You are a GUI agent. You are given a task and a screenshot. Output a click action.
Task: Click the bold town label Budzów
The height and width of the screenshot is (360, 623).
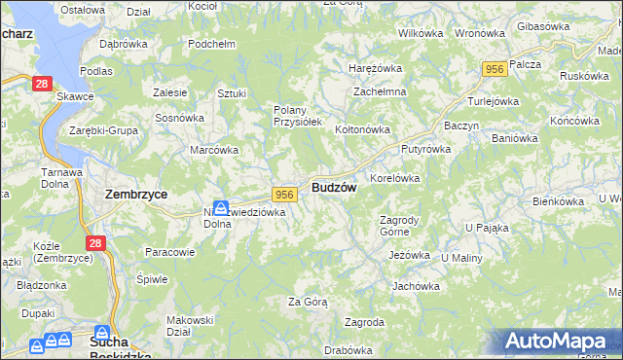(x=334, y=187)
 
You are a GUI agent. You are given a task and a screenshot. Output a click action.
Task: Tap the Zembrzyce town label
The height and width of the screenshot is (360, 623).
(x=135, y=194)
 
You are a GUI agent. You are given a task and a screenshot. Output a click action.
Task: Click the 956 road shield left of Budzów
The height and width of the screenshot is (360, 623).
(x=284, y=195)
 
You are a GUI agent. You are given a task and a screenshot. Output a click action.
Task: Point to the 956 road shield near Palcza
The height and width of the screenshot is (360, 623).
(x=495, y=68)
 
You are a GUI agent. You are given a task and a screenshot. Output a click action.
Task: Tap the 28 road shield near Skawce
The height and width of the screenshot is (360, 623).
(x=41, y=85)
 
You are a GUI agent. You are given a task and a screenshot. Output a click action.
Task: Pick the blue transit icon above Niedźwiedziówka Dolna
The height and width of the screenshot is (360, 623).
(x=221, y=207)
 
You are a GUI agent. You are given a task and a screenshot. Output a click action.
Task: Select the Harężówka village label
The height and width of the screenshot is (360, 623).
(x=376, y=68)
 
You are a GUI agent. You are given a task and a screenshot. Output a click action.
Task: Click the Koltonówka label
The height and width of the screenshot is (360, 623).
(x=362, y=129)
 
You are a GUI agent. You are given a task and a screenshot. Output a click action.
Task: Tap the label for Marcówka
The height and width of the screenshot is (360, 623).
(x=214, y=150)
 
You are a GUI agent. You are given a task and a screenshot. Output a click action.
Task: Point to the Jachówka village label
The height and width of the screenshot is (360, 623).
(x=416, y=286)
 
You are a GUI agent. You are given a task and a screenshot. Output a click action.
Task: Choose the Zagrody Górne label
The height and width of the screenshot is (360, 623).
(x=398, y=226)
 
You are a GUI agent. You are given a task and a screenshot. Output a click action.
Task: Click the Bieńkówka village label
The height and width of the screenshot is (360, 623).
(x=558, y=200)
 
